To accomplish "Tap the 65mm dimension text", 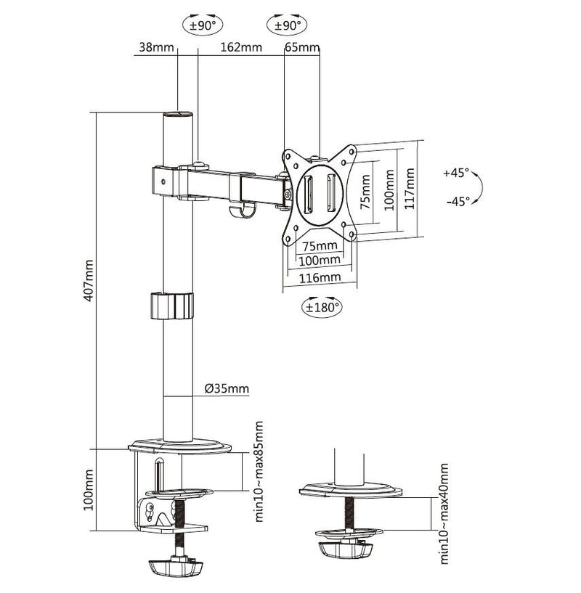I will [301, 48].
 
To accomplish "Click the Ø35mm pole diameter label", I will [227, 389].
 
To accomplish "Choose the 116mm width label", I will [320, 277].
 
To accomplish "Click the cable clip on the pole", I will [173, 305].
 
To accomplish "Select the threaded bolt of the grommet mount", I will [349, 515].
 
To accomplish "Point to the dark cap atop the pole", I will [178, 115].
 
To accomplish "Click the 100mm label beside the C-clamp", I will [89, 490].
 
